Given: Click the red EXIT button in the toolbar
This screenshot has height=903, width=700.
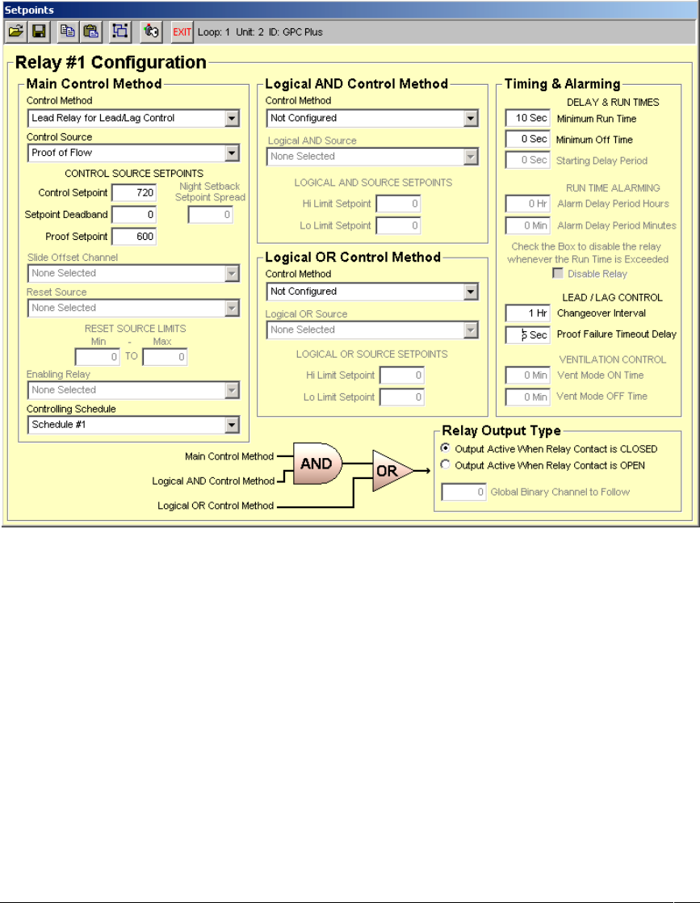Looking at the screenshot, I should coord(182,31).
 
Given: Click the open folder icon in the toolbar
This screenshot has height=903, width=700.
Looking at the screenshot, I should coord(16,31).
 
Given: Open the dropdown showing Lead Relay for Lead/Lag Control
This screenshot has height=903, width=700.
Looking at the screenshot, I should coord(232,118).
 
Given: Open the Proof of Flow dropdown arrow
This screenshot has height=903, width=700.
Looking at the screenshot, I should coord(232,153).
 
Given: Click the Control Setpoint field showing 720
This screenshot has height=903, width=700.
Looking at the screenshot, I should coord(134,193).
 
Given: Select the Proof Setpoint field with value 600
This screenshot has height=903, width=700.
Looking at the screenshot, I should coord(134,237).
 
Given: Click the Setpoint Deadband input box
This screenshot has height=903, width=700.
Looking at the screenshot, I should coord(134,215).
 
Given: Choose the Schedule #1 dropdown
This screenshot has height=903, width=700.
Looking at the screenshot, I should coord(232,424).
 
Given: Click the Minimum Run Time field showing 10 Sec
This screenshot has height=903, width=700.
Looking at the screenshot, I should coord(527,118).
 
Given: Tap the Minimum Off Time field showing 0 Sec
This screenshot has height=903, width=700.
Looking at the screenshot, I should coord(527,139).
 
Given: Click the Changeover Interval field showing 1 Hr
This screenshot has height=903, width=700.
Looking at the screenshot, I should coord(527,313).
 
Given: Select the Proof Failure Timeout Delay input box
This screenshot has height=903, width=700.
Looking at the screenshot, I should coord(527,334).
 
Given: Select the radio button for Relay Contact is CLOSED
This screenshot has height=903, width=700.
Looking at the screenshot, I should coord(446,448).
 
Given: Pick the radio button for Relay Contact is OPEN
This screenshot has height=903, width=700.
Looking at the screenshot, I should coord(446,465).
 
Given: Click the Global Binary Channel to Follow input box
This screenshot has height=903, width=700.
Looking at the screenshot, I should coord(463,491).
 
